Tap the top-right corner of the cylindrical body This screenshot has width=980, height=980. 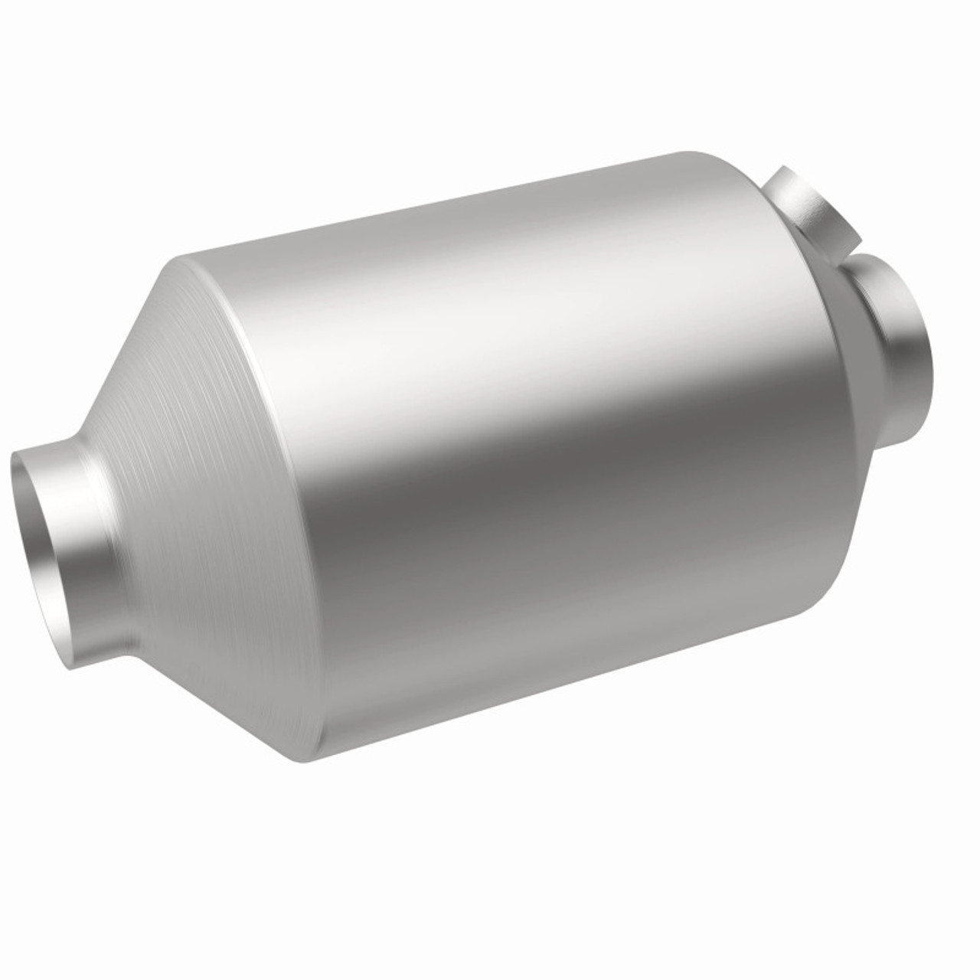point(693,153)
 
